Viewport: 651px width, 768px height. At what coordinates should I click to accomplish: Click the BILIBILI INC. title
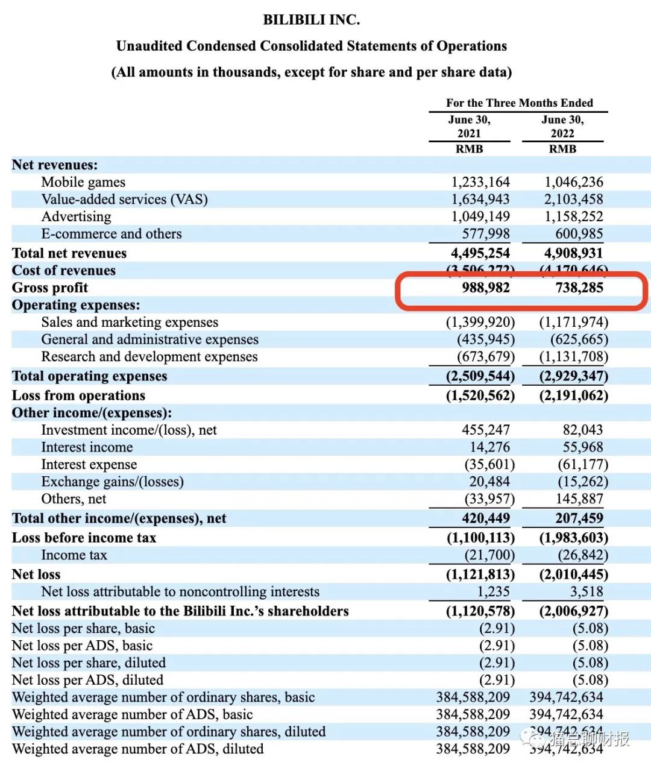[x=311, y=20]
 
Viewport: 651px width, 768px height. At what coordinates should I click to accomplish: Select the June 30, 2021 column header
[x=469, y=127]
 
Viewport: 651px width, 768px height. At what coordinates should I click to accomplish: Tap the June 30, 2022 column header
[x=562, y=127]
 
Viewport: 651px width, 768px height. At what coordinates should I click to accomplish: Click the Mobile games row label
[x=83, y=182]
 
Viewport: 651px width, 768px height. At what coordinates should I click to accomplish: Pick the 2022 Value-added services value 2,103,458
[x=573, y=200]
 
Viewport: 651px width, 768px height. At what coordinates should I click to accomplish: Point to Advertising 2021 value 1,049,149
[x=480, y=216]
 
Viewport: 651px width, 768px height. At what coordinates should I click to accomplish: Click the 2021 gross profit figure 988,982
[x=485, y=288]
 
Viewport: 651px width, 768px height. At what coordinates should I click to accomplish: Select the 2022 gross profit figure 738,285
[x=579, y=288]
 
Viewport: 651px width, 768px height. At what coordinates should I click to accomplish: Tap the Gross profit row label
[x=50, y=288]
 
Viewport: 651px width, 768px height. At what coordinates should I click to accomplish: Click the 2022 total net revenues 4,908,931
[x=573, y=253]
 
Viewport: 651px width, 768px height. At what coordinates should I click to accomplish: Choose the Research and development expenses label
[x=149, y=357]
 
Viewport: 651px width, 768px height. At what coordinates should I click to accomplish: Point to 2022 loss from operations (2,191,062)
[x=573, y=395]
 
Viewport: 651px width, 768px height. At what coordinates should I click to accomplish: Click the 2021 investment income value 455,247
[x=485, y=430]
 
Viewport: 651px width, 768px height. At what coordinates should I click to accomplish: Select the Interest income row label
[x=87, y=447]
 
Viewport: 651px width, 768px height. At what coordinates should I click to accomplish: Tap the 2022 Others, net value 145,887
[x=579, y=499]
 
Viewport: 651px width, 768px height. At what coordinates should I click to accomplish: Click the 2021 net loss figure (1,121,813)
[x=480, y=574]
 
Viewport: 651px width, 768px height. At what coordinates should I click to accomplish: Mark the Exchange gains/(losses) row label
[x=112, y=482]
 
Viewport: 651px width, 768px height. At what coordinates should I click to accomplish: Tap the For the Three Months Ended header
[x=519, y=103]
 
